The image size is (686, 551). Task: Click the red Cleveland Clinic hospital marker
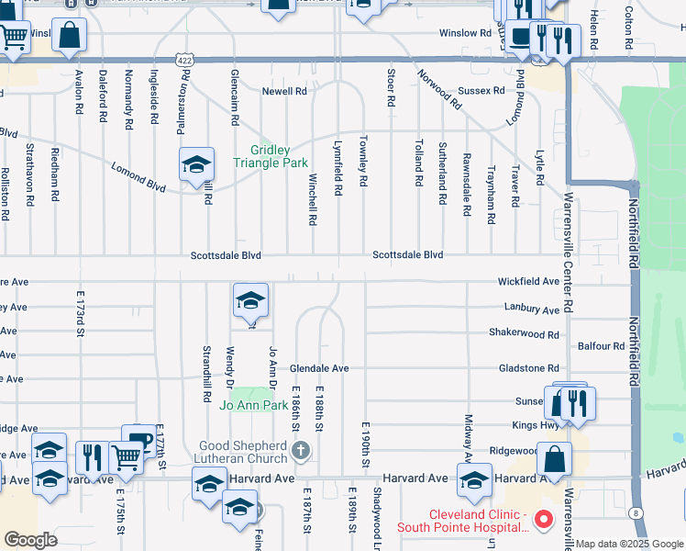pyautogui.click(x=543, y=520)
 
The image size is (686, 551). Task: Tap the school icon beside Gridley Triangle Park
pyautogui.click(x=196, y=165)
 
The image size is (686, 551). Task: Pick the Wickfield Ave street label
pyautogui.click(x=528, y=282)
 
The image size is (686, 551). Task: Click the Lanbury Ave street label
pyautogui.click(x=531, y=309)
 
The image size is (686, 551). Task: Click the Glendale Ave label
pyautogui.click(x=319, y=368)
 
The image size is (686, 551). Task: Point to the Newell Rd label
pyautogui.click(x=284, y=92)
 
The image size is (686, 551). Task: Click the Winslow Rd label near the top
pyautogui.click(x=465, y=33)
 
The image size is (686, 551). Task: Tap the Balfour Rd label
pyautogui.click(x=602, y=346)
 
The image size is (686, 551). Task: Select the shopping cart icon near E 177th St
pyautogui.click(x=126, y=455)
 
